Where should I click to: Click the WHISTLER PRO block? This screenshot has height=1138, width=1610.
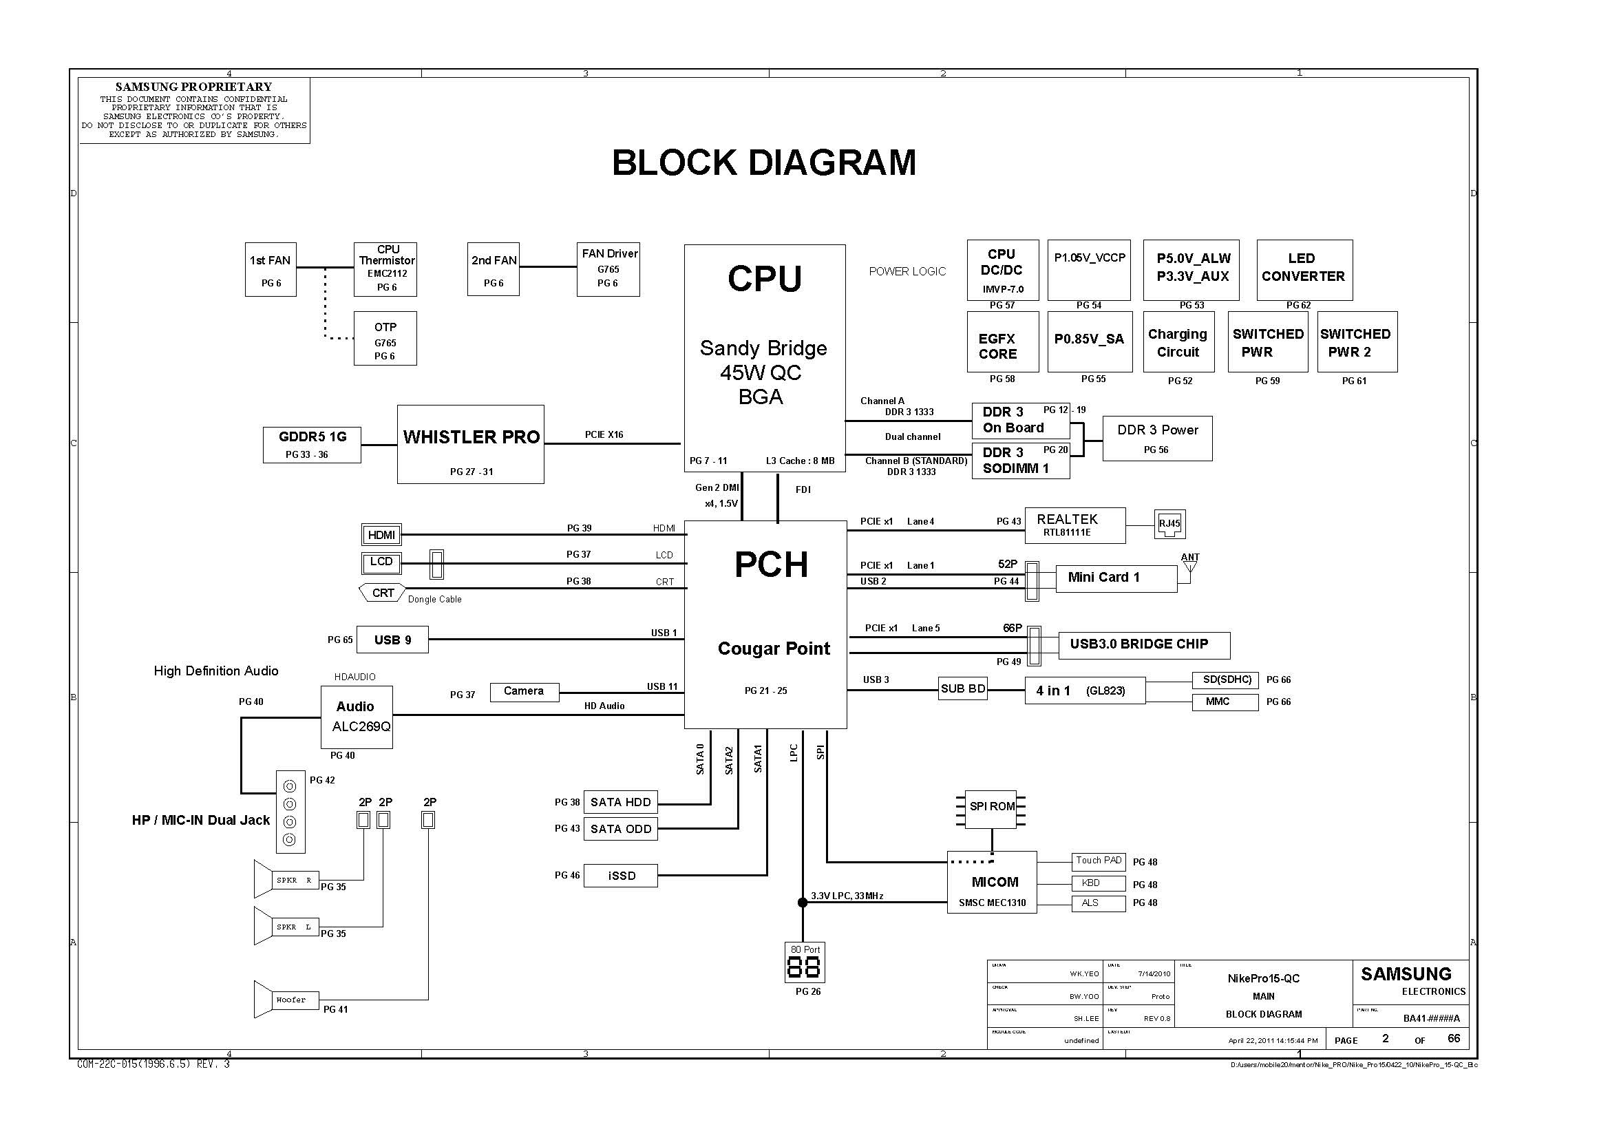[x=471, y=444]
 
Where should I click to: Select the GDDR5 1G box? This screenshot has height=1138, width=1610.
[x=312, y=445]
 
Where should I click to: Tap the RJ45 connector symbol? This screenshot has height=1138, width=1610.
[x=1169, y=524]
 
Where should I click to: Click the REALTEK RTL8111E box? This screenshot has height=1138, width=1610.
[x=1075, y=525]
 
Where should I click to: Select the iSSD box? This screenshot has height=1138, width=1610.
[x=621, y=876]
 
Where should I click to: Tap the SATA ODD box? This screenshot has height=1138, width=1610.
[x=621, y=829]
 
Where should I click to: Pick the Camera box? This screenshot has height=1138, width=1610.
[x=524, y=691]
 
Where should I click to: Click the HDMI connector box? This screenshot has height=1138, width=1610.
[x=381, y=535]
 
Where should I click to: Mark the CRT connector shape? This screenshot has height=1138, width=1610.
[x=382, y=593]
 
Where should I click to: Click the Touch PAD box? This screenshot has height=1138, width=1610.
[x=1098, y=861]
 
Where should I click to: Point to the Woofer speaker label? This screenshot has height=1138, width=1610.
[x=291, y=1000]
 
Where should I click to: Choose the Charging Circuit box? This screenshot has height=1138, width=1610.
[x=1178, y=342]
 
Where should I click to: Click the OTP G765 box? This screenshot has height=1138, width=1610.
[x=385, y=339]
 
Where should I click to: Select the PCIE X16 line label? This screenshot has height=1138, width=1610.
[x=604, y=434]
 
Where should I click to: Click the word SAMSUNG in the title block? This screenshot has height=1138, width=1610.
[x=1406, y=974]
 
